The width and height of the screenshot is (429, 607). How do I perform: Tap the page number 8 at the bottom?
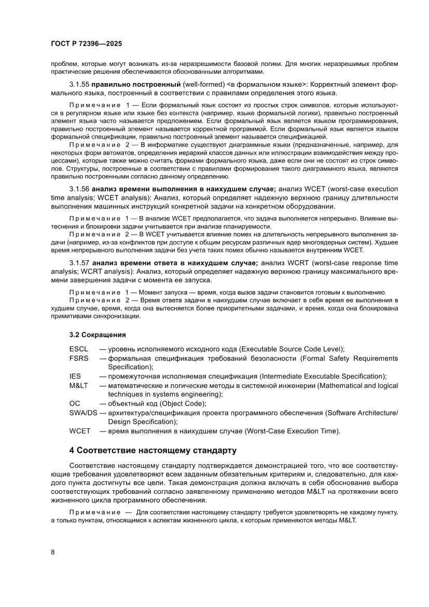point(53,552)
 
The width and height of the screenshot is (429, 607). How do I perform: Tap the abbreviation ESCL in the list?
point(79,349)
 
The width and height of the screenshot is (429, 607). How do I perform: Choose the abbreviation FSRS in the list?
point(79,358)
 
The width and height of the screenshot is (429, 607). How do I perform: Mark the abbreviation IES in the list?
point(75,376)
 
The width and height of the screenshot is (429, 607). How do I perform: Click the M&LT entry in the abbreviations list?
point(79,385)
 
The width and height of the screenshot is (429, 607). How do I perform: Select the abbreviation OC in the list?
point(75,403)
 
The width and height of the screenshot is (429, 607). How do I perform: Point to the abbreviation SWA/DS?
point(83,413)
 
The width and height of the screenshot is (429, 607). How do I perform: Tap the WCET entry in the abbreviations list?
point(80,431)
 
